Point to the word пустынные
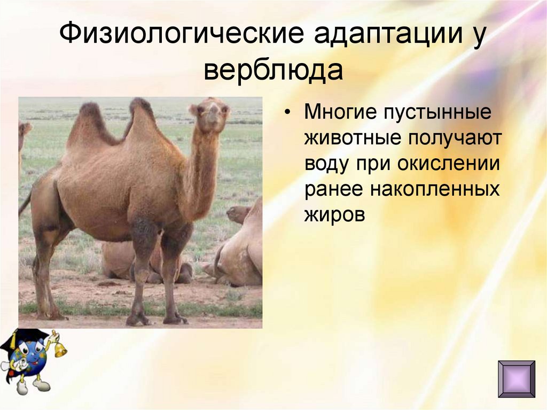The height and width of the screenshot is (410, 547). (441, 114)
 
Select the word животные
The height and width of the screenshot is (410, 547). (353, 138)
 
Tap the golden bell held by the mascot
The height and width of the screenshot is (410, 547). (60, 349)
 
